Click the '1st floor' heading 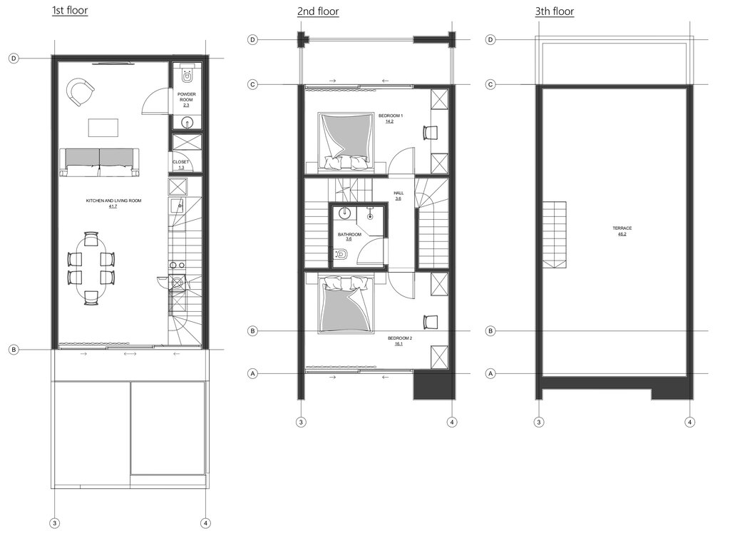point(70,11)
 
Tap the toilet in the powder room point(187,73)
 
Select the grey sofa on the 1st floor point(99,161)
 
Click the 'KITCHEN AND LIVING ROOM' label point(113,203)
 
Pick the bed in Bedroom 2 point(346,305)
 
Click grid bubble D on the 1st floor point(14,59)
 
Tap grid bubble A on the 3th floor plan point(490,373)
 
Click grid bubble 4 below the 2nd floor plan point(453,423)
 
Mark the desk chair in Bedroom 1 point(430,132)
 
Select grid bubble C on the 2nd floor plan point(252,84)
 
